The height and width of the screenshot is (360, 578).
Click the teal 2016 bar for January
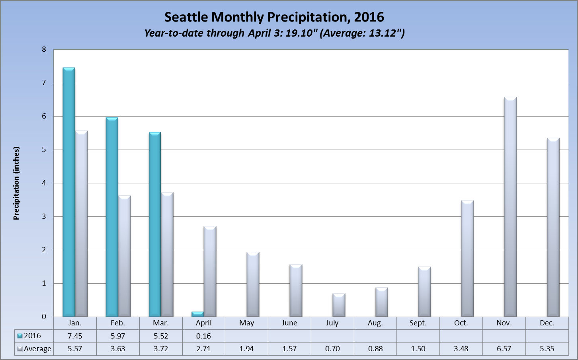pyautogui.click(x=69, y=193)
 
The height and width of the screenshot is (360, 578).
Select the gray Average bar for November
pyautogui.click(x=510, y=207)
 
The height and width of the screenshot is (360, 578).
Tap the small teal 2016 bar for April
pyautogui.click(x=198, y=314)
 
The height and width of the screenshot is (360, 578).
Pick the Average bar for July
pyautogui.click(x=339, y=305)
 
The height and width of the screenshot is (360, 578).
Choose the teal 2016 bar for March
pyautogui.click(x=155, y=224)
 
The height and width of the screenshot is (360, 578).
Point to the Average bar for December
pyautogui.click(x=553, y=228)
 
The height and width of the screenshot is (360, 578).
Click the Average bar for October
pyautogui.click(x=467, y=259)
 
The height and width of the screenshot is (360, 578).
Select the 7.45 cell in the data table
pyautogui.click(x=75, y=336)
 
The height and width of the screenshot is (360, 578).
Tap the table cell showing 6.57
pyautogui.click(x=504, y=349)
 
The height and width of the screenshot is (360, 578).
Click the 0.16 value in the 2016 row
pyautogui.click(x=203, y=336)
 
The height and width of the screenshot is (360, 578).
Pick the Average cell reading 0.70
pyautogui.click(x=332, y=349)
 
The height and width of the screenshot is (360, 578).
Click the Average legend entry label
pyautogui.click(x=37, y=349)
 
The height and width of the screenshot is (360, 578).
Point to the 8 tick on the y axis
pyautogui.click(x=44, y=50)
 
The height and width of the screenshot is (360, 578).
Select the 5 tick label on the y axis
pyautogui.click(x=44, y=150)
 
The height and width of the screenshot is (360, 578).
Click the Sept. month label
pyautogui.click(x=418, y=323)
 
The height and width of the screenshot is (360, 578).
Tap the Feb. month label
pyautogui.click(x=118, y=323)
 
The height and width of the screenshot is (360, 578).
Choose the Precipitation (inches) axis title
pyautogui.click(x=16, y=183)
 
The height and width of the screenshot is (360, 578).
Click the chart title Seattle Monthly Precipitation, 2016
pyautogui.click(x=274, y=17)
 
